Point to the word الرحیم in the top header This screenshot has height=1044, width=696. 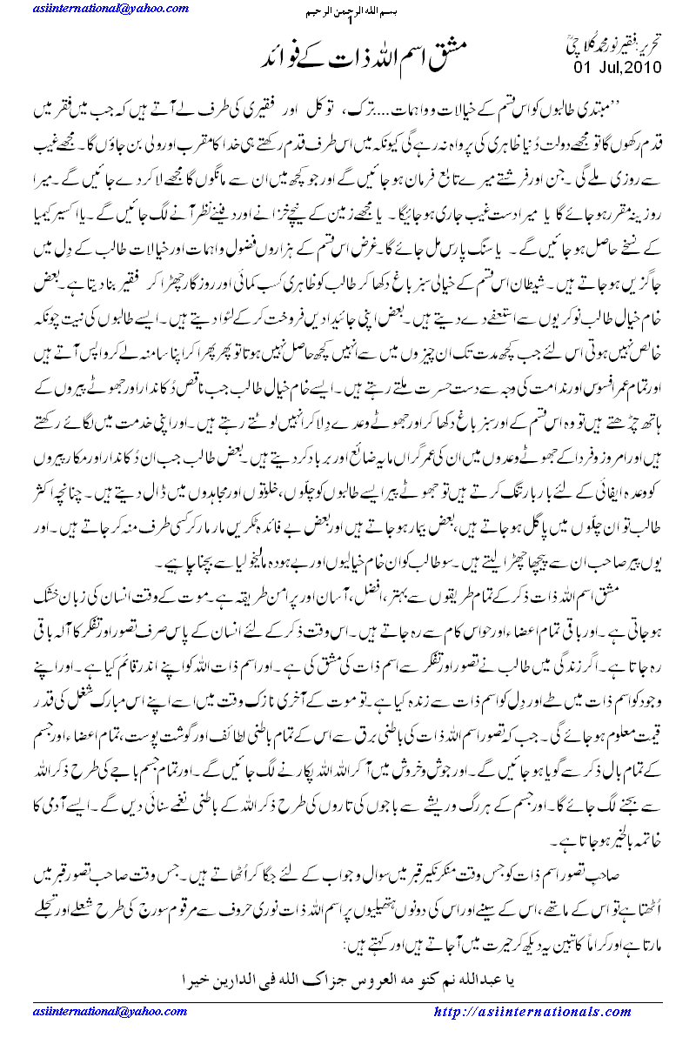click(305, 15)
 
